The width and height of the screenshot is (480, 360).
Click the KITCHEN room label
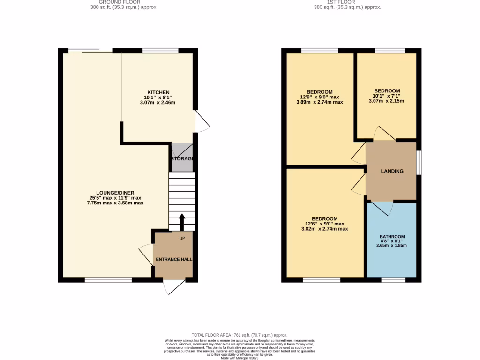[158, 92]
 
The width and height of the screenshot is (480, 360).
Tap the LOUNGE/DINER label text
[115, 193]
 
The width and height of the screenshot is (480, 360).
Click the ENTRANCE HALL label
[173, 259]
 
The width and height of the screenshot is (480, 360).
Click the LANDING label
[392, 171]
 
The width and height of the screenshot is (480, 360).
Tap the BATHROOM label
[392, 237]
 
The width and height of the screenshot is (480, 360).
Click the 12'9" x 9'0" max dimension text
[320, 97]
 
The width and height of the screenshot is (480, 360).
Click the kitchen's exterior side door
[202, 120]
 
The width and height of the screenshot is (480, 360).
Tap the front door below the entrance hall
[172, 287]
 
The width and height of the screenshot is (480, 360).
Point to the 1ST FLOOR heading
[347, 2]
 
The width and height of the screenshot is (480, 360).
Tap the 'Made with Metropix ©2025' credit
[240, 358]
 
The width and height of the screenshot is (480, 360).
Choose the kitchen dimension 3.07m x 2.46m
[158, 103]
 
